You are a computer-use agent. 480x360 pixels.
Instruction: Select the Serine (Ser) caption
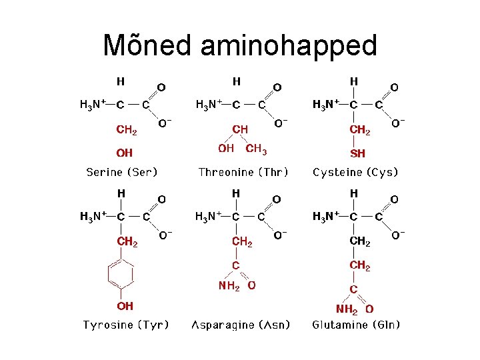click(122, 172)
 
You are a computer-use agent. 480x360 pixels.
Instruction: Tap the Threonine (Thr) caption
click(243, 172)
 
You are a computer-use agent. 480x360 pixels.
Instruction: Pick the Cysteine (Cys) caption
click(355, 172)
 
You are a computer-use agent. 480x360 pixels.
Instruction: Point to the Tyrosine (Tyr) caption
click(125, 325)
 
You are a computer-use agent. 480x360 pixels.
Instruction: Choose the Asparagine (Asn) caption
click(241, 325)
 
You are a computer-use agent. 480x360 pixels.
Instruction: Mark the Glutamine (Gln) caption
click(356, 325)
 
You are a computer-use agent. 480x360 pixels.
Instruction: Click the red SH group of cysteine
click(357, 153)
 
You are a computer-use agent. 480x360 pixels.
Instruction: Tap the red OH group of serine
click(125, 153)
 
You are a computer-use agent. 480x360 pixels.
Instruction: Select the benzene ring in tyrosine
click(121, 275)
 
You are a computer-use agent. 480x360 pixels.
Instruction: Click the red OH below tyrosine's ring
click(125, 306)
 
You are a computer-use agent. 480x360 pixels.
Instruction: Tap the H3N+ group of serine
click(93, 104)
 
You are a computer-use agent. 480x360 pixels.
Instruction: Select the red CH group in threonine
click(240, 129)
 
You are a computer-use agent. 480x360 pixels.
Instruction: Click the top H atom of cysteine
click(354, 81)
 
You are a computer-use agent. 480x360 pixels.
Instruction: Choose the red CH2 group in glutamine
click(360, 265)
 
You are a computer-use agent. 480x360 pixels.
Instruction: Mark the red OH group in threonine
click(226, 148)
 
